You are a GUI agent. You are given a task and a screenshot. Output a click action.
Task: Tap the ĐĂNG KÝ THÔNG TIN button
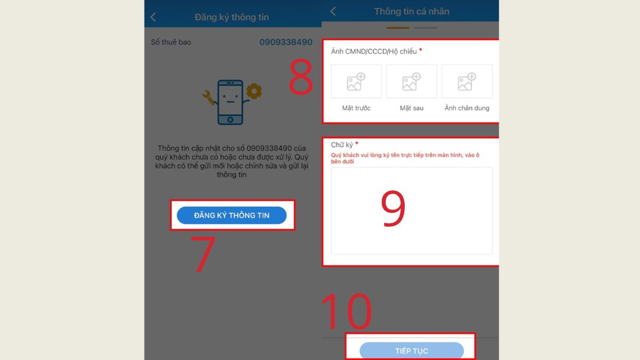coord(231,215)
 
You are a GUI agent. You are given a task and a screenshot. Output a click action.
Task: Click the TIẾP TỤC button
coord(411,350)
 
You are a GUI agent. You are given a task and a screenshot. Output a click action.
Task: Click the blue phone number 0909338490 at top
coord(286,42)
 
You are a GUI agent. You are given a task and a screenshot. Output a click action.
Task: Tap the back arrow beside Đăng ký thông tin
coord(153,17)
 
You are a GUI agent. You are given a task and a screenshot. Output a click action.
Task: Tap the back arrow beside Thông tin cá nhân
coord(333,11)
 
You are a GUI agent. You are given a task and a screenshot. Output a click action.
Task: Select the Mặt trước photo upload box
coord(356,82)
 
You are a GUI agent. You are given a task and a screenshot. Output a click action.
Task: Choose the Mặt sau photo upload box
coord(411,82)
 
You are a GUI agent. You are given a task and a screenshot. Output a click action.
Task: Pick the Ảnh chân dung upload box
coord(467,82)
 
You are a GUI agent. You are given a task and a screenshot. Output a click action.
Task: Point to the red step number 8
coord(301,78)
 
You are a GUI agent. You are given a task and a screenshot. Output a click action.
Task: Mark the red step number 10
coord(346,311)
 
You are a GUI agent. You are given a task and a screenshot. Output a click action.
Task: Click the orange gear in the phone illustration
coord(254,91)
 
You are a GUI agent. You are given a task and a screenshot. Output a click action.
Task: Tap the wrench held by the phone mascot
coord(209,97)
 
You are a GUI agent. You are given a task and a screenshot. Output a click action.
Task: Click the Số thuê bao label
coord(171,42)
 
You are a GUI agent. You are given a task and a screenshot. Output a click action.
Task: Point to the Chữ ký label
coord(342,145)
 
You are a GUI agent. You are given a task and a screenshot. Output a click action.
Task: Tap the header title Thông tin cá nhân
coord(411,11)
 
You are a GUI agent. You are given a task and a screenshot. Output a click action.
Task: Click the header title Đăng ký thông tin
coord(231,17)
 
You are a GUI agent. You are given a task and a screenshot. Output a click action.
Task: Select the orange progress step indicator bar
coord(398,28)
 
